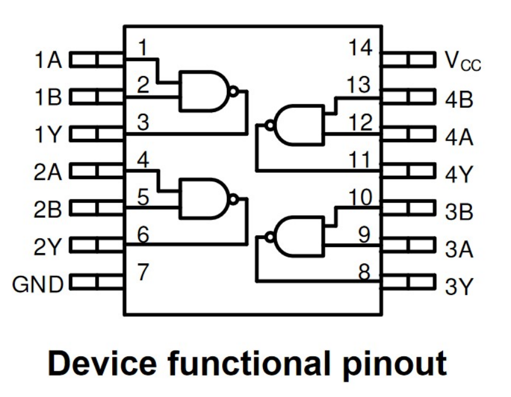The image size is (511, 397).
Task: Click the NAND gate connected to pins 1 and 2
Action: point(204,91)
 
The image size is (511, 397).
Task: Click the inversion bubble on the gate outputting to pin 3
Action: point(233,91)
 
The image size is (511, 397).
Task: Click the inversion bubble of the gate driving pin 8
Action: point(270,237)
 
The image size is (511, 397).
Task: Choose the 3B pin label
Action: point(459,212)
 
